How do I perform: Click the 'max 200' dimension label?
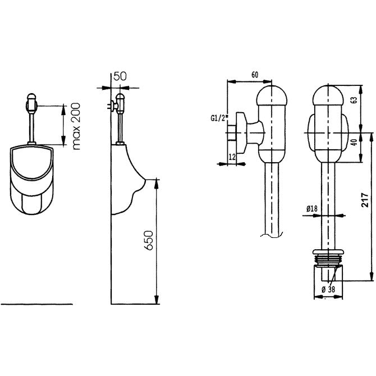[x=76, y=126]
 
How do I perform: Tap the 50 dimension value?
[x=120, y=76]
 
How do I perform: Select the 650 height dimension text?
[x=148, y=241]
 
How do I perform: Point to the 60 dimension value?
[x=255, y=75]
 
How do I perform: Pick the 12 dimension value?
[x=232, y=157]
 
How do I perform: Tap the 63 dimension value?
[x=355, y=100]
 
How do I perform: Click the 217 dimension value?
[x=365, y=200]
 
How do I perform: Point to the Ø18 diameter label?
[x=311, y=209]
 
